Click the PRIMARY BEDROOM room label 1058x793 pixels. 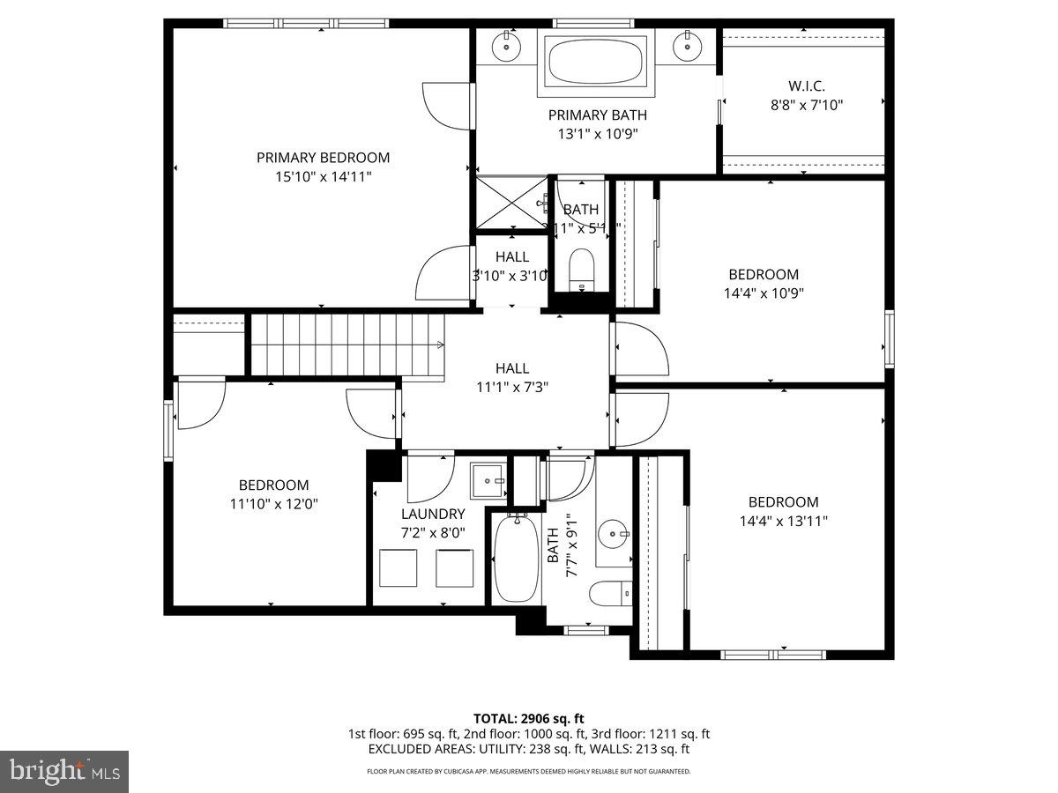[x=323, y=158]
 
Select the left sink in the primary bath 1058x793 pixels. [x=508, y=47]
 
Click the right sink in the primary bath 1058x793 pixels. [x=687, y=47]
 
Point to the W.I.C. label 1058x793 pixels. [x=807, y=86]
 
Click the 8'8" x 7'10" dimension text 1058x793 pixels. [x=807, y=105]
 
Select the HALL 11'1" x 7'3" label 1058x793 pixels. [x=512, y=377]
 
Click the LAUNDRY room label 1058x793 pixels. [x=432, y=514]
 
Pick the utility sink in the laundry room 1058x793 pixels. [x=487, y=481]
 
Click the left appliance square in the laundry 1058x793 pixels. [x=399, y=568]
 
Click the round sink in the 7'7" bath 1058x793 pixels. [x=615, y=532]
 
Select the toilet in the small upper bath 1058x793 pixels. [x=582, y=267]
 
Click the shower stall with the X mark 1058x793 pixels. [x=510, y=204]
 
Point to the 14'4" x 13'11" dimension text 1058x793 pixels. [x=783, y=521]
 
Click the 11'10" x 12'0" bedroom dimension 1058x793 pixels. [x=273, y=504]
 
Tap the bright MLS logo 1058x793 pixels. [x=64, y=772]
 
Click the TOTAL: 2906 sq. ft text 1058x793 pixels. [x=529, y=718]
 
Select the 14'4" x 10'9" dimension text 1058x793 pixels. [x=764, y=293]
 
